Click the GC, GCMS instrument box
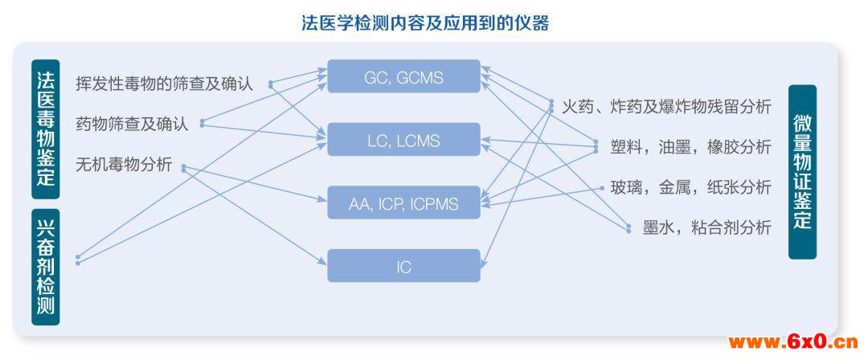pos(403,76)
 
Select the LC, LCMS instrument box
pos(403,139)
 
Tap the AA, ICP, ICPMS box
pos(403,202)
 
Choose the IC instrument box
pos(403,266)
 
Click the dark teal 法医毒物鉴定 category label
pos(45,129)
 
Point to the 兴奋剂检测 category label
pos(45,267)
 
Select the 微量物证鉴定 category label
pos(802,172)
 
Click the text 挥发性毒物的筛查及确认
pos(165,84)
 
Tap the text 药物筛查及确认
pos(132,124)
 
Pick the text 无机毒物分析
pos(124,165)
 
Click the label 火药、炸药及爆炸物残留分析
pos(666,106)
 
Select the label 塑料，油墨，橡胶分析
pos(690,147)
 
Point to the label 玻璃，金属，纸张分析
pos(690,187)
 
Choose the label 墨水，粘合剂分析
pos(707,227)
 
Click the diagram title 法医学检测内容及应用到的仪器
pos(425,22)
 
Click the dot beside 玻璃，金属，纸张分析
pos(602,188)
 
